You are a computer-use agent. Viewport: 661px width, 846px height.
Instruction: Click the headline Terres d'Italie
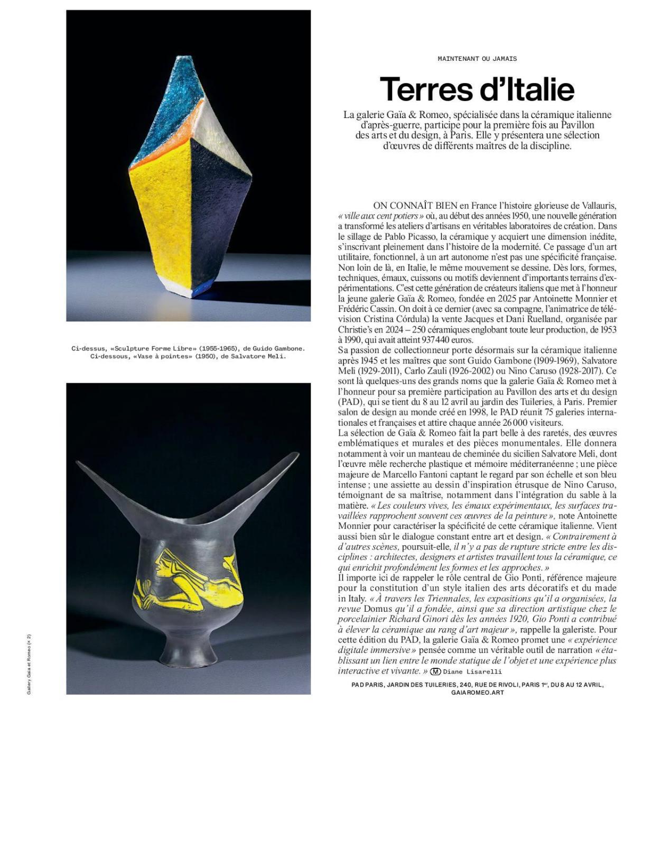coord(477,89)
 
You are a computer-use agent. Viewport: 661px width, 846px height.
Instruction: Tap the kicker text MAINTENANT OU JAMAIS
coord(477,59)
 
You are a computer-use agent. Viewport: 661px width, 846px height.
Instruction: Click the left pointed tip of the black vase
coord(79,463)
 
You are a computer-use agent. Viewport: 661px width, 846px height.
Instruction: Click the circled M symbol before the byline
coord(435,672)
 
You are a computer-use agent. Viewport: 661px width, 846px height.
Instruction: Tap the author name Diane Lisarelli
coord(472,672)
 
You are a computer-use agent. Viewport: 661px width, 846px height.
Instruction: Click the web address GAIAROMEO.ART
coord(477,692)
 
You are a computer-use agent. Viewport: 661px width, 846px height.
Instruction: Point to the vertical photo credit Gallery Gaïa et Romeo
coord(30,664)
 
